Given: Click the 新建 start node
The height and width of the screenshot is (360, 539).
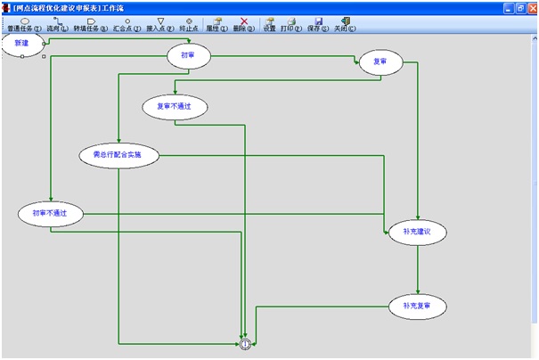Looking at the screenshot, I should pyautogui.click(x=22, y=44).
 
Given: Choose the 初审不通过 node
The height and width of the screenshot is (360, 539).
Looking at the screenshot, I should pyautogui.click(x=50, y=213).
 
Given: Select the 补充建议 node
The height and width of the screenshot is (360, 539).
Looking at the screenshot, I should pyautogui.click(x=417, y=232).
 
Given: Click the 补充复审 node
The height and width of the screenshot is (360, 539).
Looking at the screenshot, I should pyautogui.click(x=417, y=307).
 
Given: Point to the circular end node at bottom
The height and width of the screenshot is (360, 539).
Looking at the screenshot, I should pyautogui.click(x=246, y=343).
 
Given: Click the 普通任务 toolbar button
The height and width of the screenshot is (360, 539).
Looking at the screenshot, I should pyautogui.click(x=24, y=24).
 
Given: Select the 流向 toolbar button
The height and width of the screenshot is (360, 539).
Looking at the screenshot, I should pyautogui.click(x=58, y=24).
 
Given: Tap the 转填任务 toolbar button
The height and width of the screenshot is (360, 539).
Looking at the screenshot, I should pyautogui.click(x=91, y=24).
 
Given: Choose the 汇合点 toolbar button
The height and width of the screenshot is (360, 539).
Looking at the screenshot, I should pyautogui.click(x=127, y=24).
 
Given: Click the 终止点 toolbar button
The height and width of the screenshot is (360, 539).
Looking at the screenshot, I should pyautogui.click(x=188, y=24).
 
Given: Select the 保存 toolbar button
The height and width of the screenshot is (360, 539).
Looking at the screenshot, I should pyautogui.click(x=318, y=24).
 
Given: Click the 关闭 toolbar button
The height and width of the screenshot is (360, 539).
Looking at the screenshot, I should pyautogui.click(x=345, y=24).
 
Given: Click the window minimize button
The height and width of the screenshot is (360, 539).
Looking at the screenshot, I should pyautogui.click(x=504, y=7).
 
